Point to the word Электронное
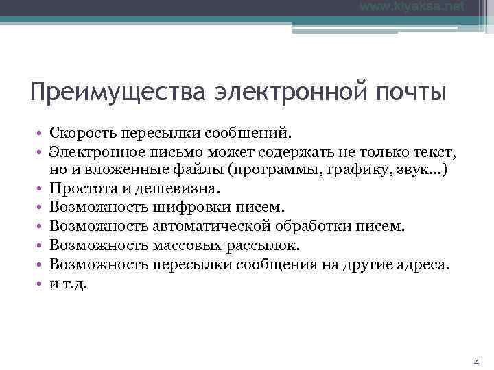coord(95,149)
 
